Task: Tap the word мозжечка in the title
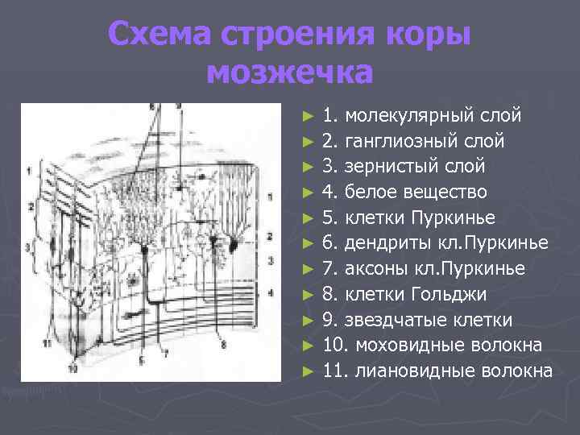pyautogui.click(x=290, y=72)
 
